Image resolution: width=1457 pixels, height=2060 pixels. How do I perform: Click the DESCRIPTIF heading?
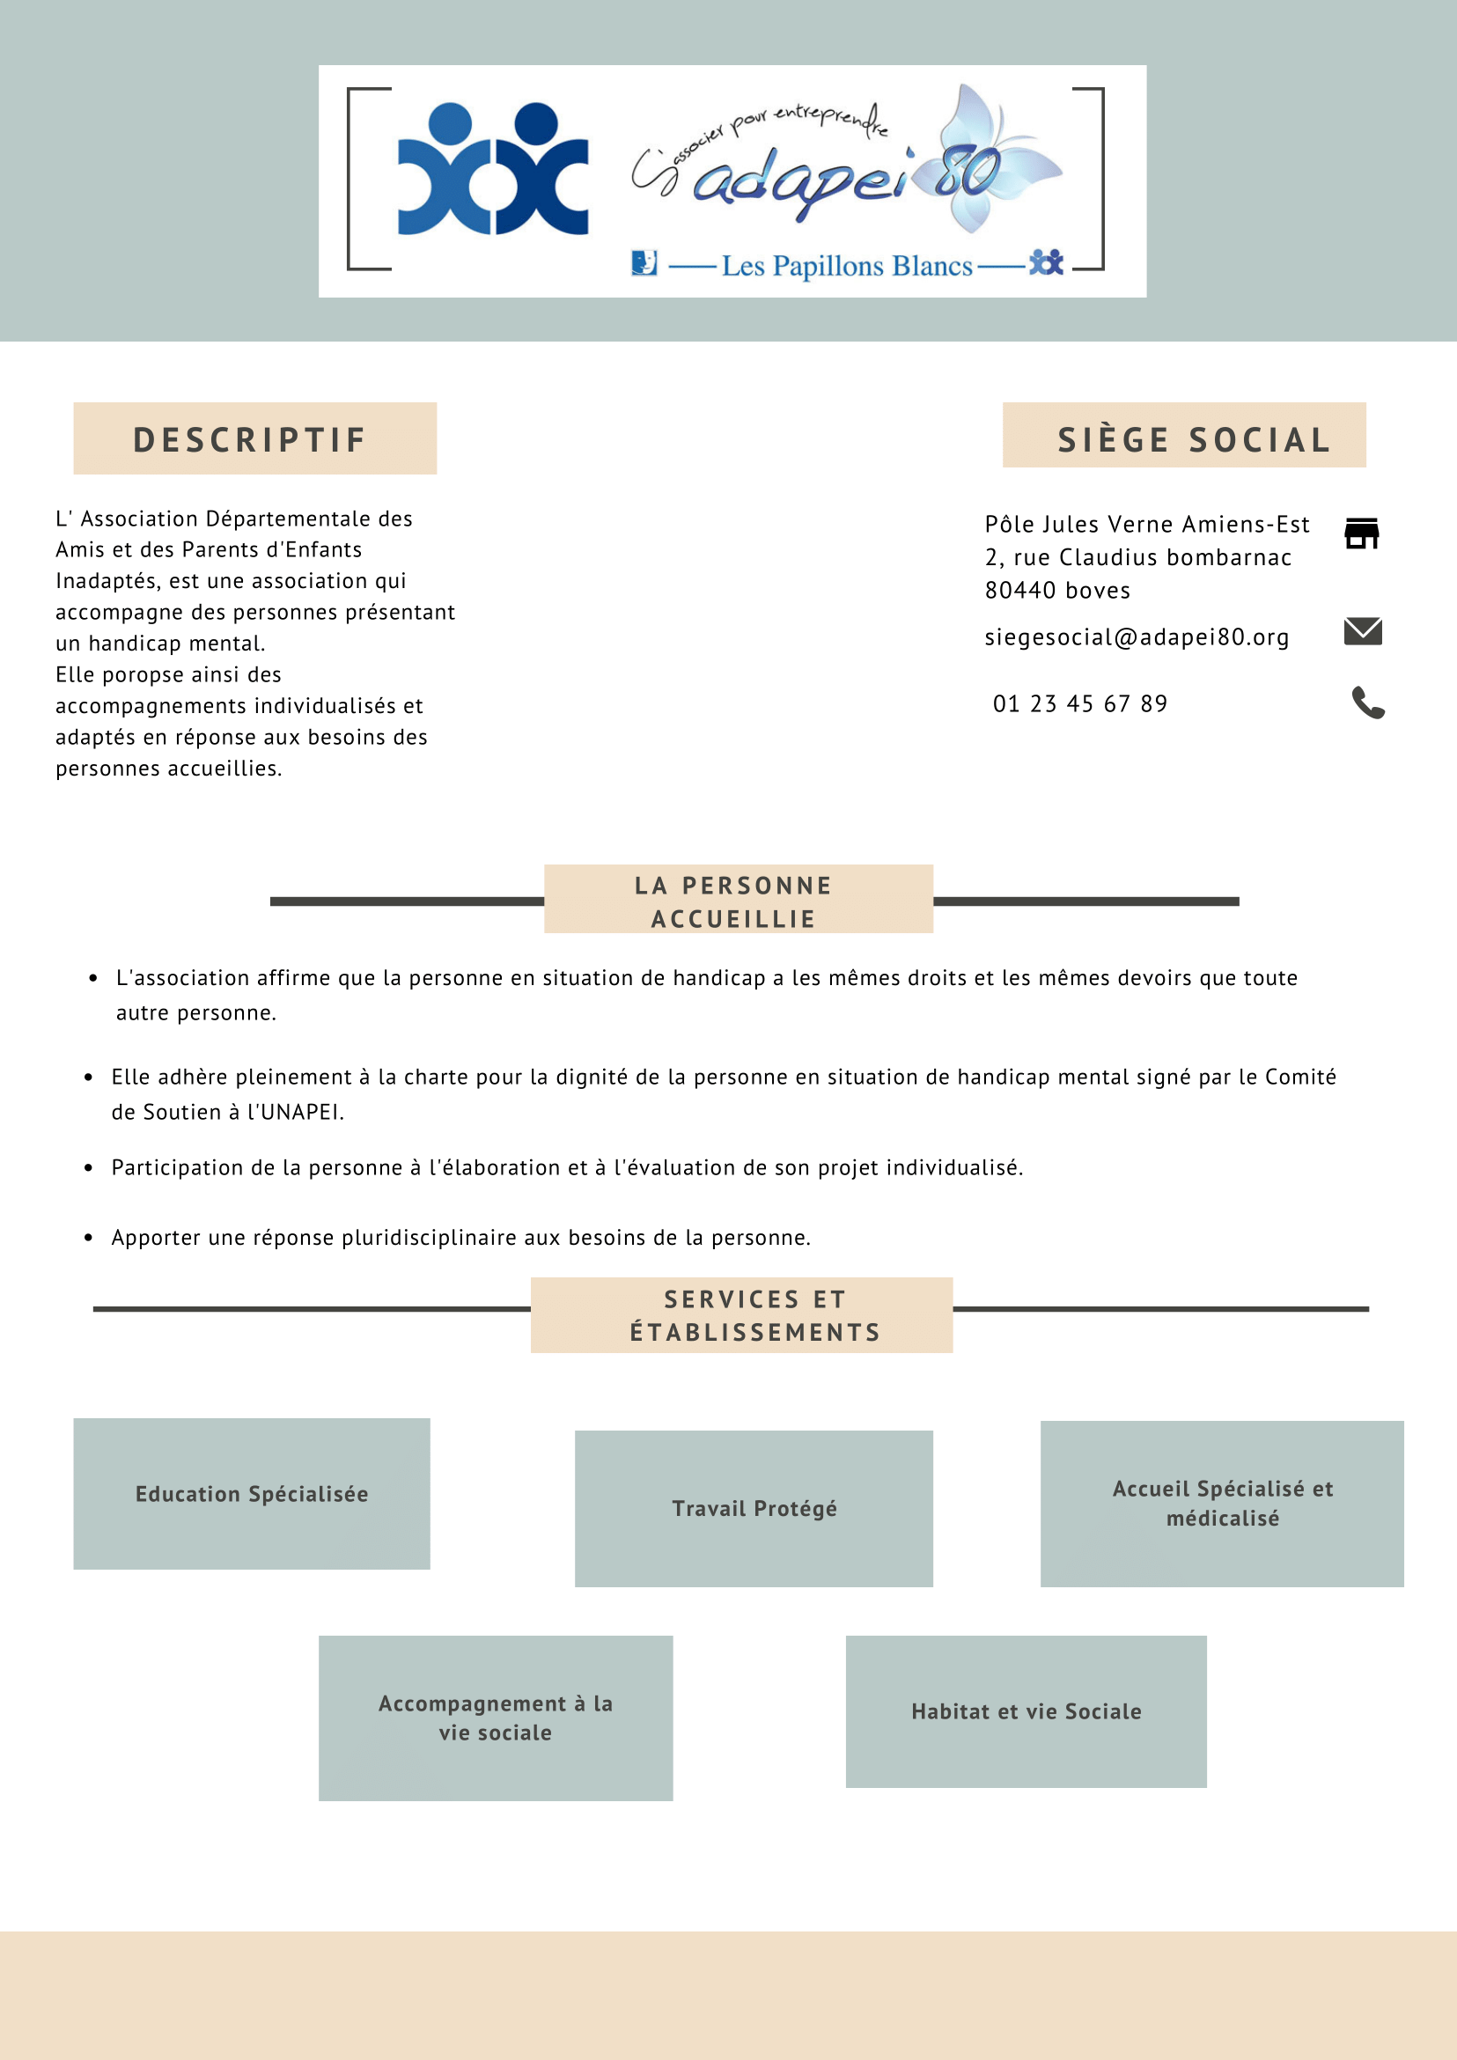[x=250, y=439]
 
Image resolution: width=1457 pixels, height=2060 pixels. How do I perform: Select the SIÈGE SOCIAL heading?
[x=1192, y=439]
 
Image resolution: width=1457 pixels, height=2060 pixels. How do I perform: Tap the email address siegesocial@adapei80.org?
[x=1137, y=637]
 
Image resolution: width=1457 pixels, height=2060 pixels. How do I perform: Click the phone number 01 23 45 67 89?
[x=1080, y=703]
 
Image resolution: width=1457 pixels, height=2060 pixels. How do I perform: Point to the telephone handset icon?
[x=1367, y=703]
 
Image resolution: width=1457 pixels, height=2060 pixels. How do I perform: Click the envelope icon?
[x=1363, y=631]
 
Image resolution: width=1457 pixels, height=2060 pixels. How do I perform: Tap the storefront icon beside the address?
[x=1361, y=533]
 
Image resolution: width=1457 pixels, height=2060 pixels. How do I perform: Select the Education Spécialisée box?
[x=252, y=1494]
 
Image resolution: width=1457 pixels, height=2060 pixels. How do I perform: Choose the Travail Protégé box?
[x=754, y=1508]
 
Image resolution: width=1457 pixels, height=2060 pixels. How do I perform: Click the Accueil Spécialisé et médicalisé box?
[x=1222, y=1503]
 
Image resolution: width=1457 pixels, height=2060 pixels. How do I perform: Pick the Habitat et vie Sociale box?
[x=1026, y=1711]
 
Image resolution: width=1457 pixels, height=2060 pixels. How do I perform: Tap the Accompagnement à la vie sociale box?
[x=496, y=1718]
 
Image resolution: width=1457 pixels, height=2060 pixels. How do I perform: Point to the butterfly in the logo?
[x=996, y=161]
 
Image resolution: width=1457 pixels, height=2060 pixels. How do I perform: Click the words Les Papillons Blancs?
[x=846, y=267]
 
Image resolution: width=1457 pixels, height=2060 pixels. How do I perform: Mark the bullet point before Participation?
[x=88, y=1167]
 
